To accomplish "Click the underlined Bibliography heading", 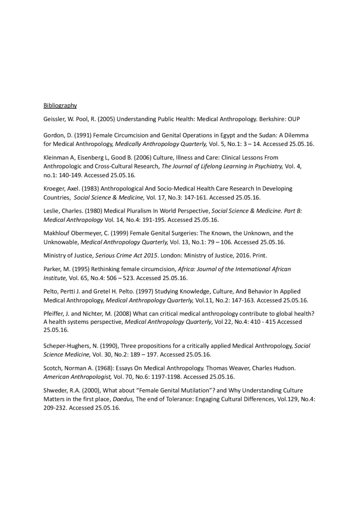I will pos(60,105).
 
